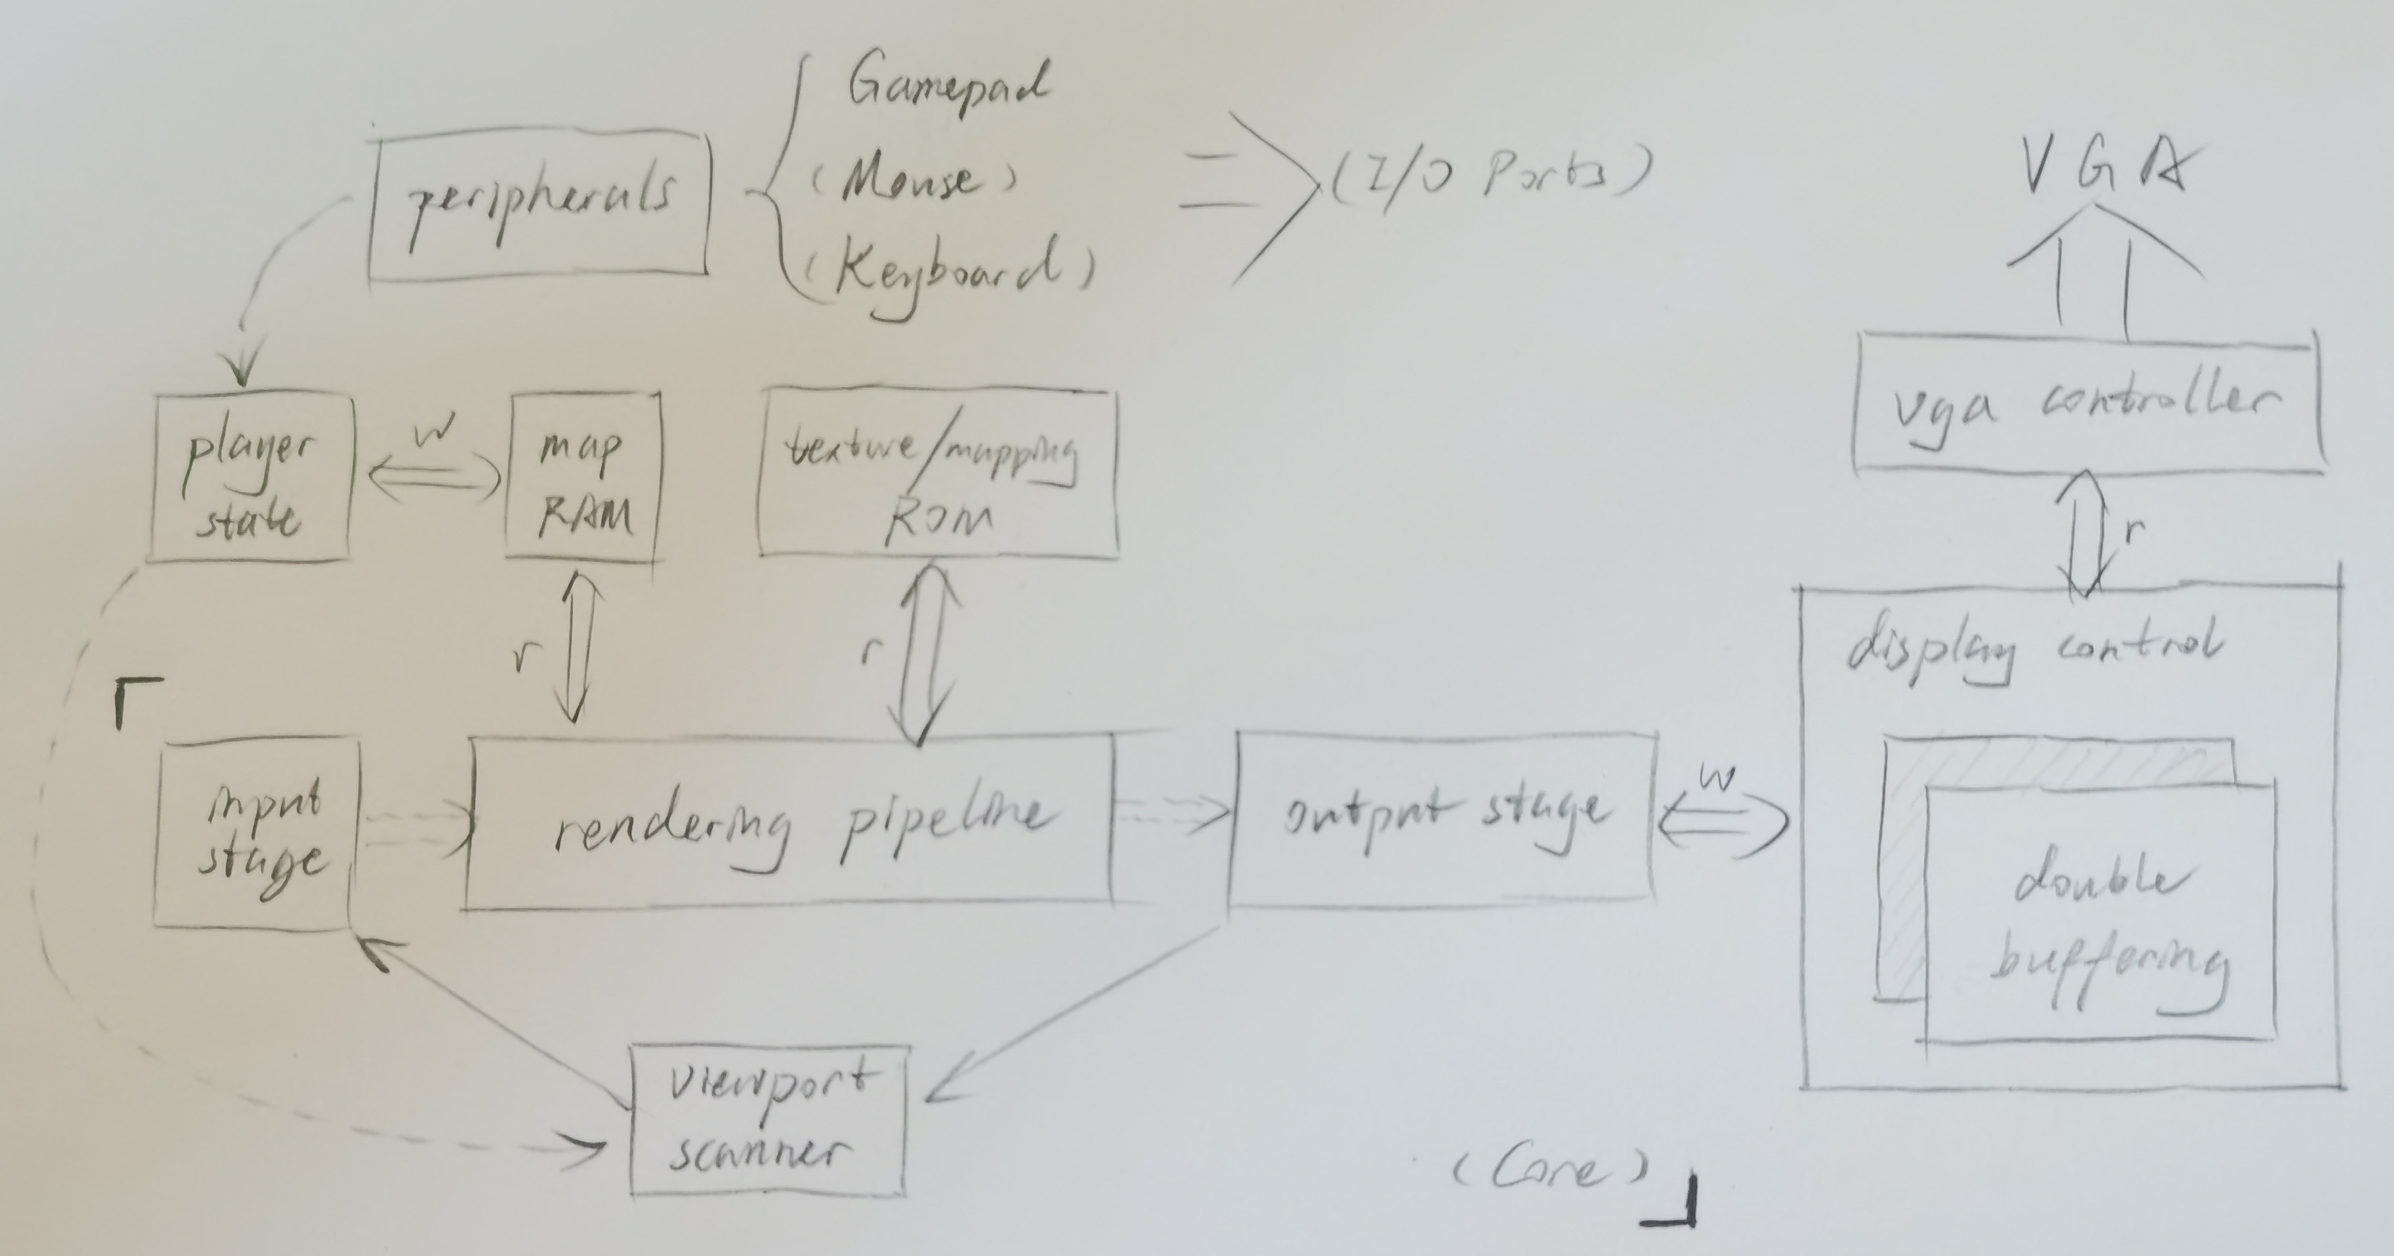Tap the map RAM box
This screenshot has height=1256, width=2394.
tap(582, 479)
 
